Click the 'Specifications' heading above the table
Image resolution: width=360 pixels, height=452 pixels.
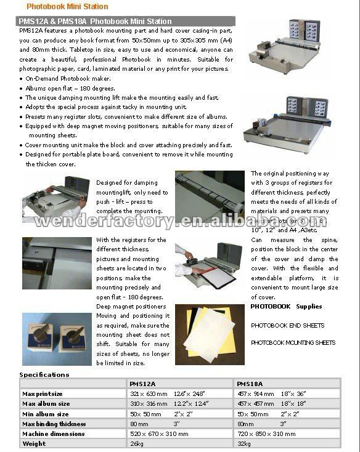click(44, 374)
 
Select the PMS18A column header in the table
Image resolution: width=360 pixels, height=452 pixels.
click(248, 383)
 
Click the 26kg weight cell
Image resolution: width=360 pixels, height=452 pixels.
click(136, 443)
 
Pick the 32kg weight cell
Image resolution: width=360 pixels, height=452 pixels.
click(244, 443)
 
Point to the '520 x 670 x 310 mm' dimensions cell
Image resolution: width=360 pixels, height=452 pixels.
click(159, 434)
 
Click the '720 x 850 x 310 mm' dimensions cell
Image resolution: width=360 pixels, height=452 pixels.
click(266, 434)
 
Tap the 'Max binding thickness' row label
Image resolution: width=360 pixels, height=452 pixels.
click(54, 424)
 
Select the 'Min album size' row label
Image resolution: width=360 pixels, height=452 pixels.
click(46, 413)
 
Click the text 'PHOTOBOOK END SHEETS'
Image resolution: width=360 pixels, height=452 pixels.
click(287, 325)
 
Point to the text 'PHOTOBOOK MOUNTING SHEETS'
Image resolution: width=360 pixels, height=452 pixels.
click(293, 342)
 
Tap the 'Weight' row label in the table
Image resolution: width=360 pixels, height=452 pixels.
click(34, 443)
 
